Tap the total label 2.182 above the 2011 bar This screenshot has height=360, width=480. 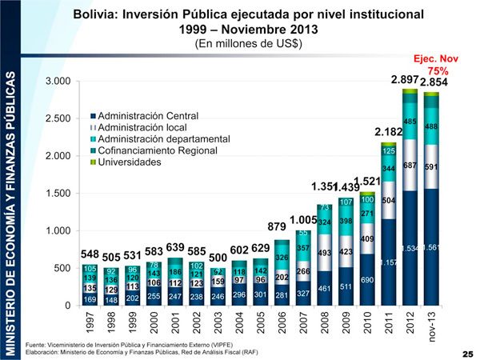[388, 130]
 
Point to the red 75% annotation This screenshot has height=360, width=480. [438, 71]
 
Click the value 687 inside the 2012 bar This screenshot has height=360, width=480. [410, 166]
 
